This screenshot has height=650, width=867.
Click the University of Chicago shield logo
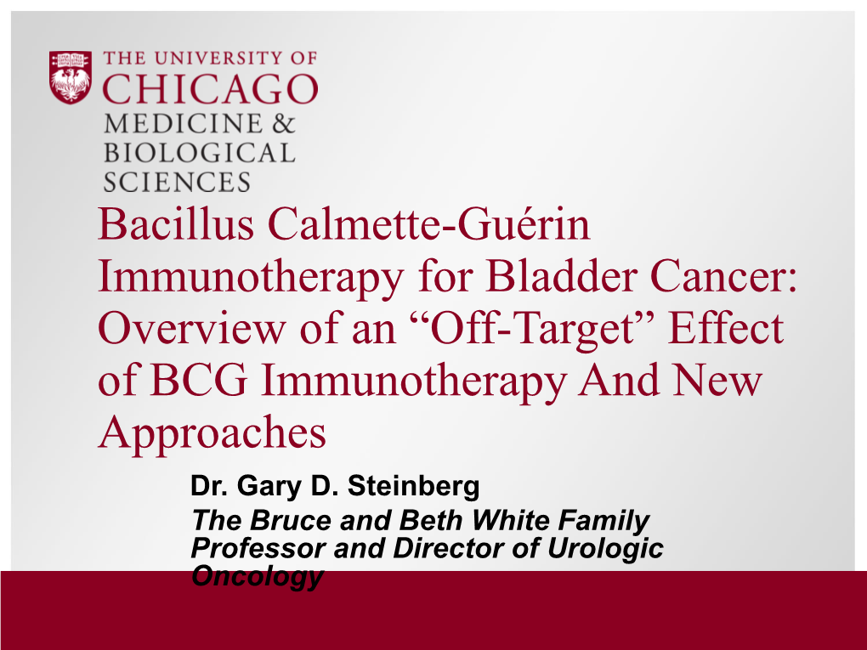click(x=71, y=77)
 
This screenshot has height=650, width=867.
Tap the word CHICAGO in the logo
click(x=210, y=88)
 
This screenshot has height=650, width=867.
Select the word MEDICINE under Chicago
click(x=183, y=123)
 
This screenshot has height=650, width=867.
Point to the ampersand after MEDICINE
click(x=283, y=123)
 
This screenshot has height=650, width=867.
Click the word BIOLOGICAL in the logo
click(x=199, y=153)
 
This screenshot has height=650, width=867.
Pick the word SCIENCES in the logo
click(x=177, y=183)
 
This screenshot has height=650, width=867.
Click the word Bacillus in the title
click(x=176, y=224)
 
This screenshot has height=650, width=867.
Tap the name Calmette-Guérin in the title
click(x=429, y=224)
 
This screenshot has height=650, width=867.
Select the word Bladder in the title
click(x=561, y=276)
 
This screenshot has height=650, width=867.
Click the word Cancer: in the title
click(x=723, y=276)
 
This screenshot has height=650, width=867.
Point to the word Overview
click(x=192, y=328)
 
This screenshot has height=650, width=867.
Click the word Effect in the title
click(x=726, y=328)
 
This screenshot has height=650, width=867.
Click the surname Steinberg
click(x=413, y=486)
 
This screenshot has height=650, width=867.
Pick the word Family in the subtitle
click(x=603, y=521)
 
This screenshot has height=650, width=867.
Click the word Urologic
click(x=605, y=549)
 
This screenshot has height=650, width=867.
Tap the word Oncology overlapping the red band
click(x=257, y=577)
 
